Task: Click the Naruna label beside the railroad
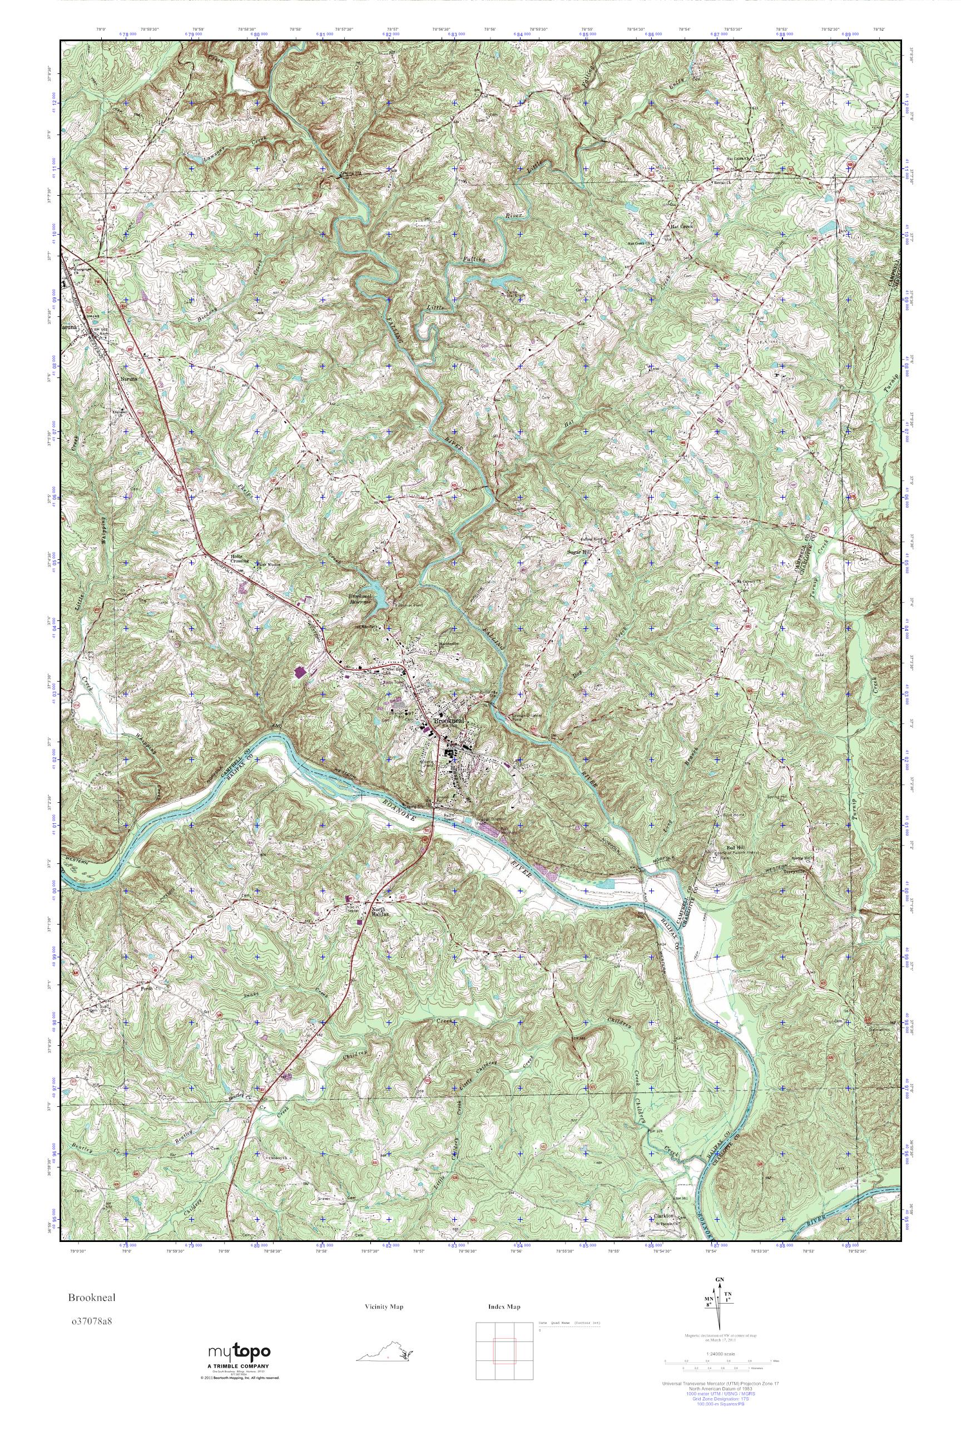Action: click(x=128, y=380)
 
